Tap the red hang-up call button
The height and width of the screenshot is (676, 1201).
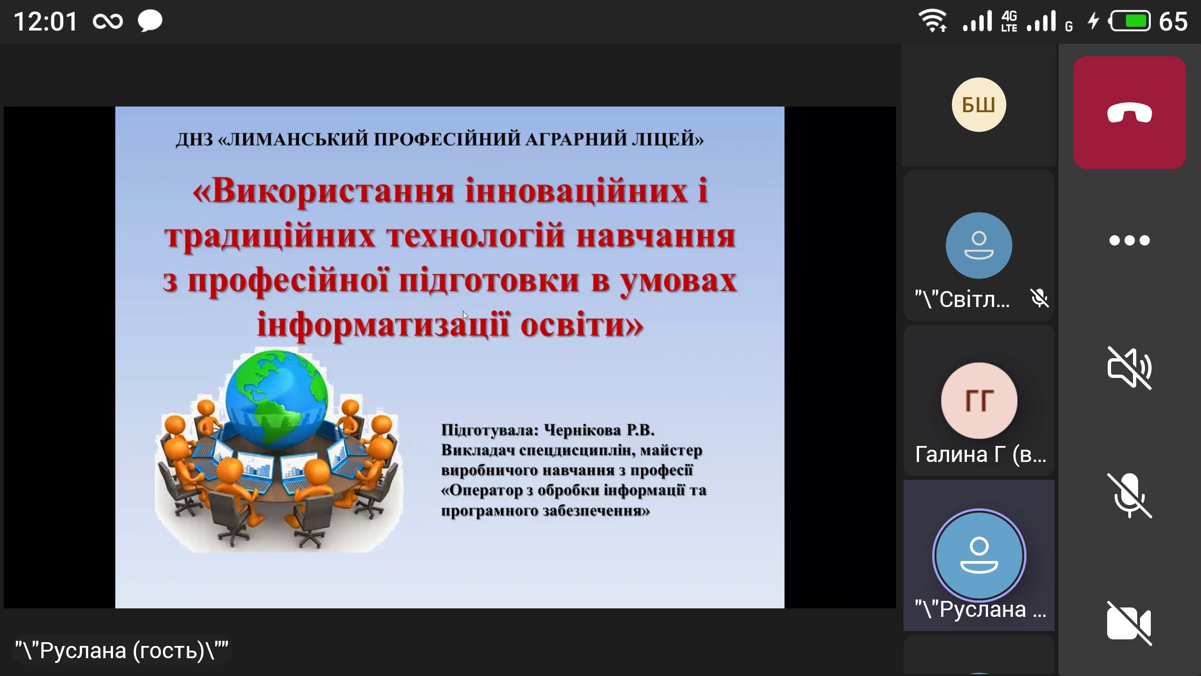[x=1129, y=113]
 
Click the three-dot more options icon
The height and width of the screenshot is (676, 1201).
[x=1129, y=240]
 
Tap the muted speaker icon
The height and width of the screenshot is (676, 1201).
[x=1129, y=368]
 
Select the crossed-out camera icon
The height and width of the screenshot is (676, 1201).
[x=1129, y=623]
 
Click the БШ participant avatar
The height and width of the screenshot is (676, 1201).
[x=979, y=105]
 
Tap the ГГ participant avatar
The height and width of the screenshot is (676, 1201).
[x=979, y=400]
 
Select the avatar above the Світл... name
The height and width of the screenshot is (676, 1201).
[x=979, y=246]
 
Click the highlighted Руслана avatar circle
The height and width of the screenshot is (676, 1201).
[x=979, y=555]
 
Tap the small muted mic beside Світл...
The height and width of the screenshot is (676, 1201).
[x=1040, y=299]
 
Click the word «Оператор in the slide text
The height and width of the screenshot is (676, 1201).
[x=487, y=491]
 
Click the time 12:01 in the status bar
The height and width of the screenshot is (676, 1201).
[x=46, y=22]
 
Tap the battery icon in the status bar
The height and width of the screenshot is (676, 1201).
[x=1130, y=22]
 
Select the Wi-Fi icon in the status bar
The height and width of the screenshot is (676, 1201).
[x=933, y=22]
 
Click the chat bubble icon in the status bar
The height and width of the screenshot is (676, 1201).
[x=150, y=22]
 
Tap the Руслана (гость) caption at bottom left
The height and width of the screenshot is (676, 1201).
[x=122, y=651]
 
